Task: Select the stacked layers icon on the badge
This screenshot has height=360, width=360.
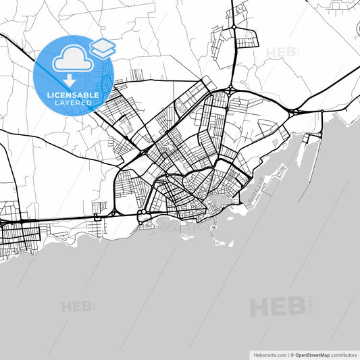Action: [102, 48]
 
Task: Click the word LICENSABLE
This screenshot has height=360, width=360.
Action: [73, 95]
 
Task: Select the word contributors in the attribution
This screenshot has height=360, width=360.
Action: [343, 355]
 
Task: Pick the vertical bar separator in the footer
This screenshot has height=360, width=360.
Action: [286, 355]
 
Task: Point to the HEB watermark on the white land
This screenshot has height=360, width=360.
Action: [282, 52]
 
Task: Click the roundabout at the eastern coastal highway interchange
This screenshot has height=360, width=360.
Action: [295, 111]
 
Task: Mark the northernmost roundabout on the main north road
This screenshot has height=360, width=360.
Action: [233, 27]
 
